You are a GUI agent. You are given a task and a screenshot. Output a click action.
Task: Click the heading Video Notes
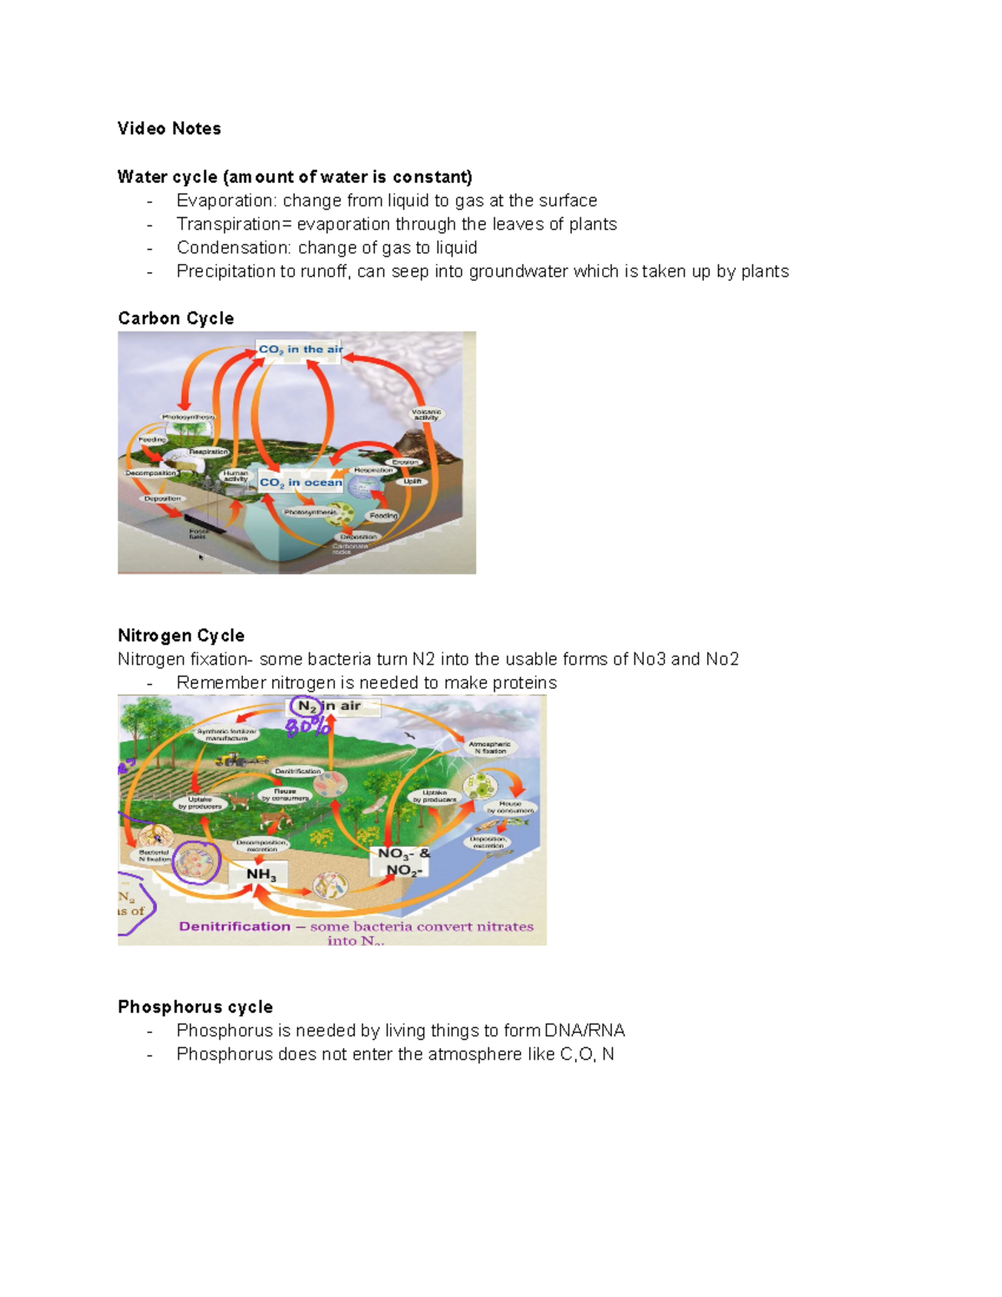[x=169, y=129]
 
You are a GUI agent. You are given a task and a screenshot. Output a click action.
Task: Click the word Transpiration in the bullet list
[x=217, y=224]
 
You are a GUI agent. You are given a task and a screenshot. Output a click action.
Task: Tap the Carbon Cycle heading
[x=175, y=318]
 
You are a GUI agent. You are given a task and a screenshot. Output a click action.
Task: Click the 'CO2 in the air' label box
[x=300, y=350]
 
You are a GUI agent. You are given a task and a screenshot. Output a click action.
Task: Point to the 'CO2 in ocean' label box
[x=301, y=483]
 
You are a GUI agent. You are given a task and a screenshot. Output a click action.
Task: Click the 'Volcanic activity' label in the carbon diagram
[x=426, y=414]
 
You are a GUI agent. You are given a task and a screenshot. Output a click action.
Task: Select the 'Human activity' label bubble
[x=235, y=476]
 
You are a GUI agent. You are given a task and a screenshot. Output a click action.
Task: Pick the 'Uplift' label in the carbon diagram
[x=413, y=482]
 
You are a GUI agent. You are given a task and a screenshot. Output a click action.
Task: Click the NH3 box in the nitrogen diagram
[x=261, y=874]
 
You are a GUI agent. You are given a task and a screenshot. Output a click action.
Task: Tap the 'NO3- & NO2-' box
[x=403, y=862]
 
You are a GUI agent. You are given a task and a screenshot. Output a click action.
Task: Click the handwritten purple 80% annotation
[x=308, y=727]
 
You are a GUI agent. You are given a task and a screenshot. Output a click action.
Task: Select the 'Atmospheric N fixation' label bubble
[x=490, y=747]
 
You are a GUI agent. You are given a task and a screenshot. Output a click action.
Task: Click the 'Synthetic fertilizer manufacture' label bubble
[x=228, y=735]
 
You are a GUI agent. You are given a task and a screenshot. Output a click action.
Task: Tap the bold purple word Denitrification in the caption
[x=235, y=926]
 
